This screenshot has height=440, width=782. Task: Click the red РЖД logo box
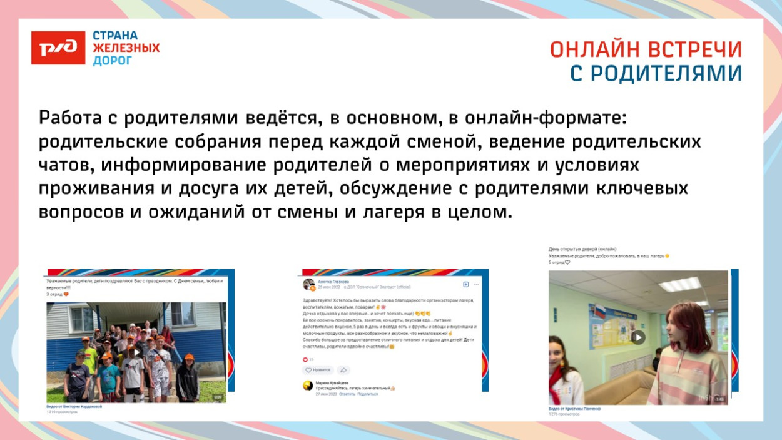tap(58, 48)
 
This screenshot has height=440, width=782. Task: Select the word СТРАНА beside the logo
tap(116, 36)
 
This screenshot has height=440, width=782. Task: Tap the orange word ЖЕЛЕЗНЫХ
tap(126, 48)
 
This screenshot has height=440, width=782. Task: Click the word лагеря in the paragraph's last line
tap(392, 212)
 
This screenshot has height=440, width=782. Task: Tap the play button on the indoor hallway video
tap(637, 337)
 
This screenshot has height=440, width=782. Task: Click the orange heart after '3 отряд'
tap(66, 294)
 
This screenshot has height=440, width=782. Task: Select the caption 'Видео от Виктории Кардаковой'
tap(74, 407)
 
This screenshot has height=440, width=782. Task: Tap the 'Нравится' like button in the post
tap(319, 370)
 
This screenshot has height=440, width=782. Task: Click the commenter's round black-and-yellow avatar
tap(308, 385)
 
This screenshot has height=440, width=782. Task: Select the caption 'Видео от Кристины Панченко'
tap(574, 409)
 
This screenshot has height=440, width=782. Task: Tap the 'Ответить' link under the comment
tap(347, 394)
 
